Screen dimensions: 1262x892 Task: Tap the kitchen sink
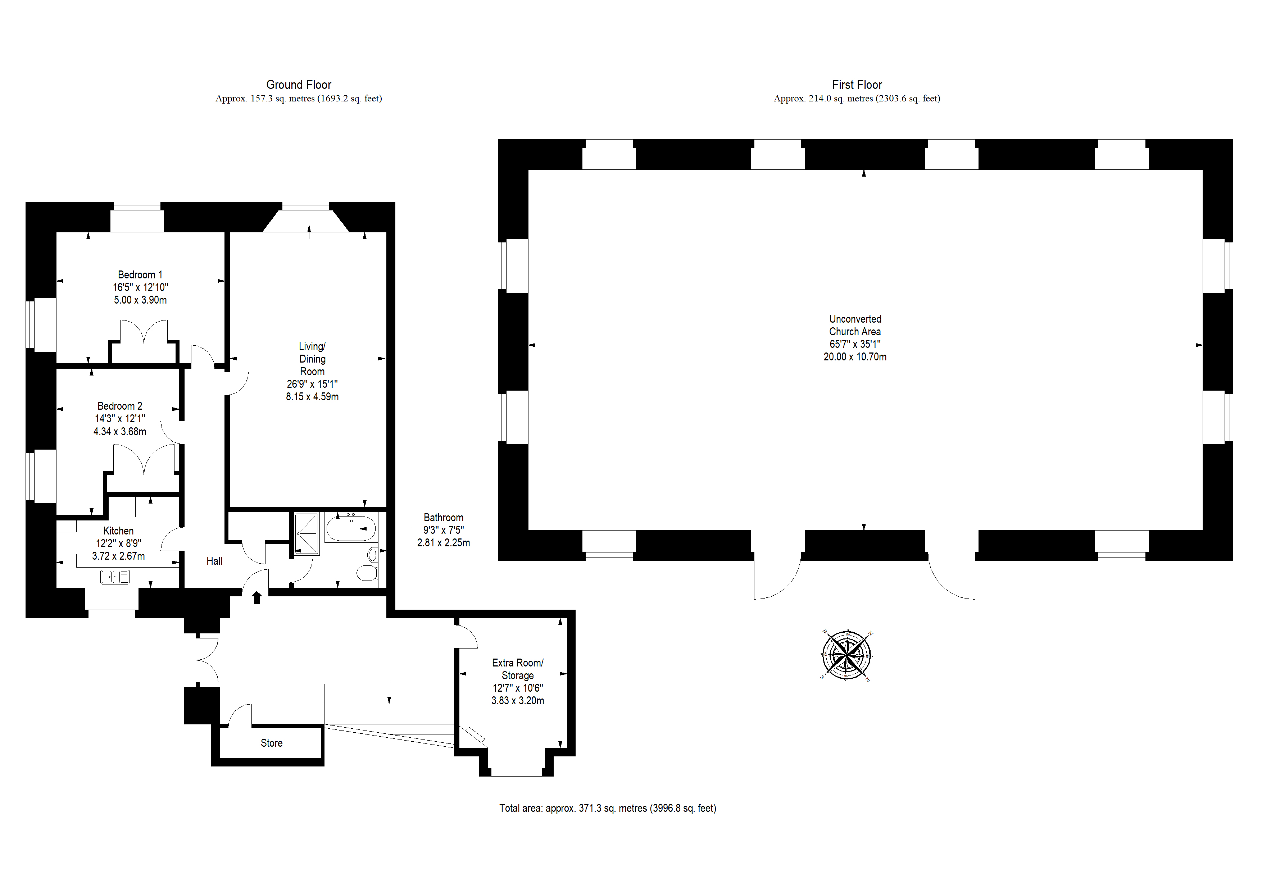click(115, 577)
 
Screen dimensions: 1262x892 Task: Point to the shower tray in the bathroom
click(307, 533)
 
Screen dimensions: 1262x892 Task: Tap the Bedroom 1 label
click(140, 275)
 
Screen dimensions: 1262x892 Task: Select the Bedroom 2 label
click(120, 406)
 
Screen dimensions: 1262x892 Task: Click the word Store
click(272, 743)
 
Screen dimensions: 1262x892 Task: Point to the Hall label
click(214, 561)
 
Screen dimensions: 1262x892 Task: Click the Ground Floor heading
click(299, 85)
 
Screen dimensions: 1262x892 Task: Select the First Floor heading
click(857, 85)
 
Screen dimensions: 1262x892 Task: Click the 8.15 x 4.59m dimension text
click(312, 397)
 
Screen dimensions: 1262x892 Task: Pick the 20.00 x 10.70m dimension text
click(855, 357)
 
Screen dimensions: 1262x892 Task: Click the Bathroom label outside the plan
click(444, 518)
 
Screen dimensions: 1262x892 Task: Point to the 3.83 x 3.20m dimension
click(518, 701)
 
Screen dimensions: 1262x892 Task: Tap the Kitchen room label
click(118, 531)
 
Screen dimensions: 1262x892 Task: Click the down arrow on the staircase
click(389, 692)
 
